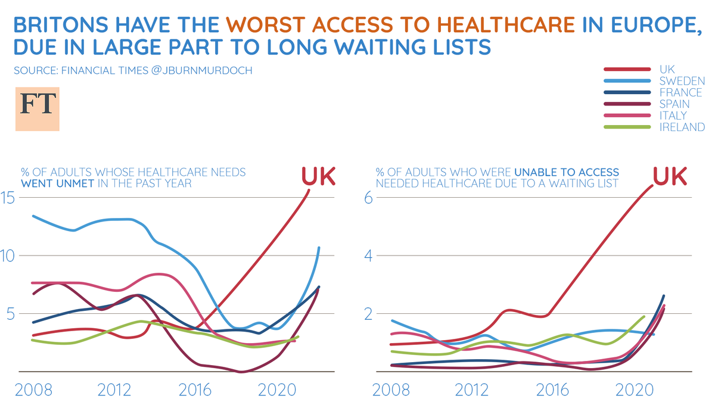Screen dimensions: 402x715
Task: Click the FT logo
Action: pyautogui.click(x=38, y=109)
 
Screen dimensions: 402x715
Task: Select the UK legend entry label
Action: pyautogui.click(x=667, y=70)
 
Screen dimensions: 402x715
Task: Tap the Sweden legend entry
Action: pyautogui.click(x=682, y=81)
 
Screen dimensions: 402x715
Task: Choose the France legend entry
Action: pyautogui.click(x=680, y=92)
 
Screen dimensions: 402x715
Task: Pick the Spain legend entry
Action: pyautogui.click(x=674, y=104)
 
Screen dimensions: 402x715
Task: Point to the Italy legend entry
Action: pyautogui.click(x=673, y=116)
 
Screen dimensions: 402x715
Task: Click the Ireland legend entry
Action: pyautogui.click(x=682, y=127)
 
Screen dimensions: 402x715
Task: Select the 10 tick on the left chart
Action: pyautogui.click(x=7, y=255)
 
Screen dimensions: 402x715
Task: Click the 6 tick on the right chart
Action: pyautogui.click(x=368, y=197)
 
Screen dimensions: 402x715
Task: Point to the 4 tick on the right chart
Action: pyautogui.click(x=368, y=255)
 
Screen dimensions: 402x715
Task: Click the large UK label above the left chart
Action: pyautogui.click(x=318, y=176)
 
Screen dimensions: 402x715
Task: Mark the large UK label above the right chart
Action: pyautogui.click(x=670, y=176)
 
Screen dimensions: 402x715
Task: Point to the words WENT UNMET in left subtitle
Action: pyautogui.click(x=57, y=183)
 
